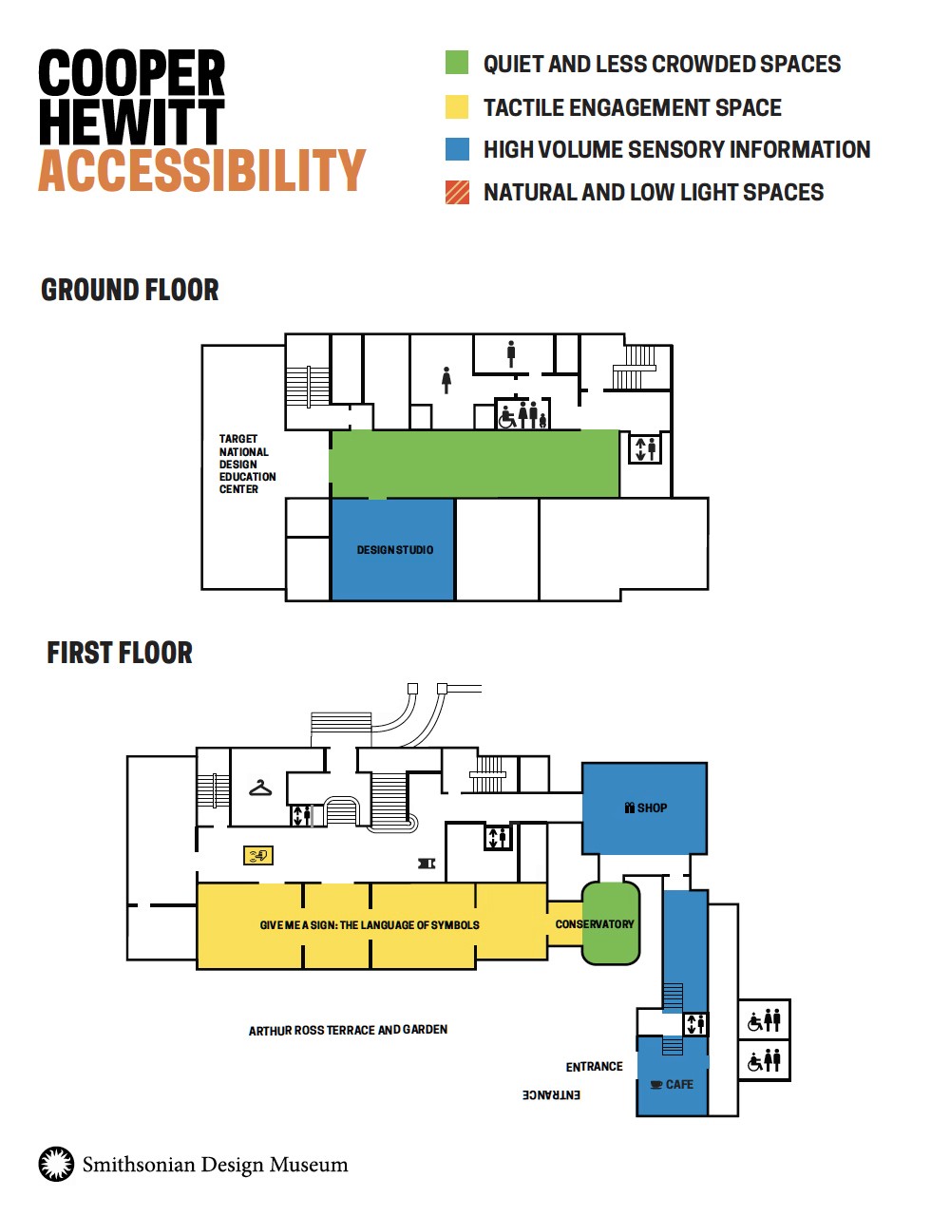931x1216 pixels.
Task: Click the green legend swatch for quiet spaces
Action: pyautogui.click(x=457, y=62)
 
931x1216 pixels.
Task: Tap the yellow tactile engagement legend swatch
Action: pyautogui.click(x=457, y=106)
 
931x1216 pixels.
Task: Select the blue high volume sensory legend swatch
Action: pyautogui.click(x=457, y=149)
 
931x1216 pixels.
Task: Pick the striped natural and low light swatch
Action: pyautogui.click(x=457, y=192)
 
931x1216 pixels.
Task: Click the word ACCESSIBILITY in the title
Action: pyautogui.click(x=201, y=170)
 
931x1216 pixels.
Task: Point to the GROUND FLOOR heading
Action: pyautogui.click(x=130, y=290)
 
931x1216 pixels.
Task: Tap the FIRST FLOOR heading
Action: pyautogui.click(x=120, y=652)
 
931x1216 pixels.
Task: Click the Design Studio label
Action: pyautogui.click(x=394, y=549)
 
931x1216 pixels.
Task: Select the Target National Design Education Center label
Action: pyautogui.click(x=247, y=464)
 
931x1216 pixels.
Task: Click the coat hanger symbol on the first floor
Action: pyautogui.click(x=260, y=788)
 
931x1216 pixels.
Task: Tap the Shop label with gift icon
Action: pyautogui.click(x=645, y=807)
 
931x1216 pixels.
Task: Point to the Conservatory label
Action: pyautogui.click(x=594, y=924)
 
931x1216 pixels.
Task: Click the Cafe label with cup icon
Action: pyautogui.click(x=672, y=1084)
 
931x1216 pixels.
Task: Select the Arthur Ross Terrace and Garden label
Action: pyautogui.click(x=348, y=1030)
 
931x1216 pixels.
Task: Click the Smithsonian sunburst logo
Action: pyautogui.click(x=56, y=1164)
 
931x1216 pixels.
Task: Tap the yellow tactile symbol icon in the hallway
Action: pyautogui.click(x=258, y=855)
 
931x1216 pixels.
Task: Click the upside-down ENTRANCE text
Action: pyautogui.click(x=551, y=1094)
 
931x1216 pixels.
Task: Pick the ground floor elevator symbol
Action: pyautogui.click(x=645, y=447)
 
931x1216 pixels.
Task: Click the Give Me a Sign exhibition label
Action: pyautogui.click(x=370, y=924)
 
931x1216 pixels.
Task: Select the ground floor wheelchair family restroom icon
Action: pyautogui.click(x=522, y=413)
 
